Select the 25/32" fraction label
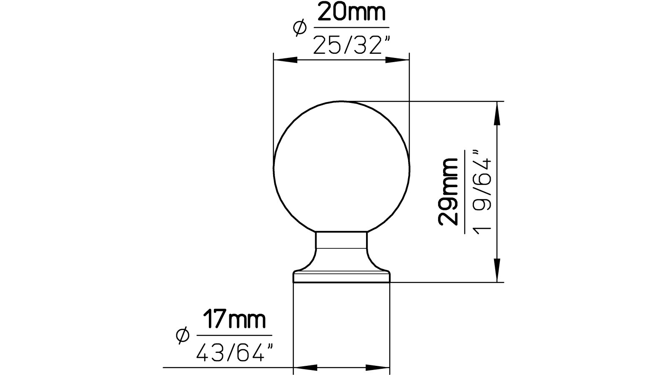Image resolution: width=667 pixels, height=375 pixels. [347, 45]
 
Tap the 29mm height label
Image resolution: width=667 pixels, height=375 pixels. [448, 192]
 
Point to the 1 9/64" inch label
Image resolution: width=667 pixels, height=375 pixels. [482, 192]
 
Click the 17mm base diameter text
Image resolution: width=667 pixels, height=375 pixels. [234, 320]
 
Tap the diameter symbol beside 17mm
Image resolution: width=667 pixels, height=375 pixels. [183, 335]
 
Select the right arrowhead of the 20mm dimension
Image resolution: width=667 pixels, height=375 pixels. [396, 60]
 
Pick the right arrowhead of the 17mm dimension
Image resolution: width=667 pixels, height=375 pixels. [378, 367]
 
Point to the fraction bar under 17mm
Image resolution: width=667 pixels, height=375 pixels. [234, 335]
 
